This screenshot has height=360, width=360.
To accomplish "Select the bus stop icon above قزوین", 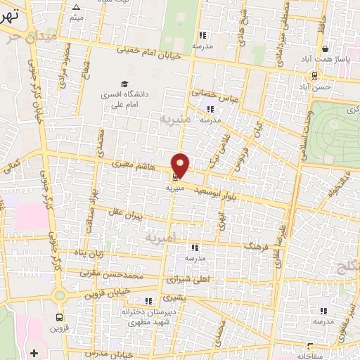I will tap(59, 316).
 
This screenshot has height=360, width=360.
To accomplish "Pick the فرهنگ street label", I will tap(256, 248).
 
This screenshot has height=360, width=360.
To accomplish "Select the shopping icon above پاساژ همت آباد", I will tap(325, 49).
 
